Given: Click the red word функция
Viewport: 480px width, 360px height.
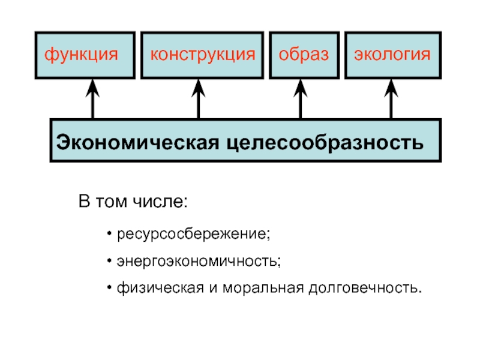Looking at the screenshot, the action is click(81, 55).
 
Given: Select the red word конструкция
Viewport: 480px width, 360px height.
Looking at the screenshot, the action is click(203, 55).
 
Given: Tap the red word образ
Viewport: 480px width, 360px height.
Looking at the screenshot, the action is click(304, 55).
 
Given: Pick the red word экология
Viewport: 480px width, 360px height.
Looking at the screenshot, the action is click(392, 55).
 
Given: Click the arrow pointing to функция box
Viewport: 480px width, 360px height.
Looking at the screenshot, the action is click(92, 99).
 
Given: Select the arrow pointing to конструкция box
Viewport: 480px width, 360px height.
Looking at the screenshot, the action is click(199, 99).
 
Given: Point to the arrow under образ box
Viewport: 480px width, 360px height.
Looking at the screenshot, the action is click(301, 99).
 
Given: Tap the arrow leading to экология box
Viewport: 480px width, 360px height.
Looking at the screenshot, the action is click(391, 99).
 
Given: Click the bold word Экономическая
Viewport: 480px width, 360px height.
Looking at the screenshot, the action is click(138, 142).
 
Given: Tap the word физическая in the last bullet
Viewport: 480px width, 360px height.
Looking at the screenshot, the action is click(160, 288).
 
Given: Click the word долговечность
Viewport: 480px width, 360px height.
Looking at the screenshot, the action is click(364, 289).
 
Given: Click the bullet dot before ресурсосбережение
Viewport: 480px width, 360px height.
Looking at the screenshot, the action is click(109, 234).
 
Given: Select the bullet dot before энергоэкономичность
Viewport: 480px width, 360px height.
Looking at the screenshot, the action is click(109, 261).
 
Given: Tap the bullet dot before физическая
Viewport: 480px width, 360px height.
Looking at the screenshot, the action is click(109, 288).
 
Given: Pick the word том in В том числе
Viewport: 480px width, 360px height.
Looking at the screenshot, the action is click(111, 202).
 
